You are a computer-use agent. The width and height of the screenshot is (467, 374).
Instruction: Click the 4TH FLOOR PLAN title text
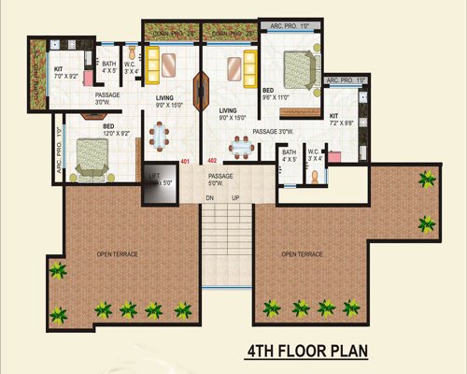pyautogui.click(x=307, y=352)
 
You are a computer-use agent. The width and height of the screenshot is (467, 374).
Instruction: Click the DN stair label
pyautogui.click(x=210, y=198)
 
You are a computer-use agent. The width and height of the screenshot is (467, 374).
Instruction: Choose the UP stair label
pyautogui.click(x=234, y=198)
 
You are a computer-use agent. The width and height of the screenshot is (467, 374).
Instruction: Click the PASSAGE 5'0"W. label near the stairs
pyautogui.click(x=220, y=180)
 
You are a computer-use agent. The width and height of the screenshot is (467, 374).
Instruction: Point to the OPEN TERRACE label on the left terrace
pyautogui.click(x=117, y=253)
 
